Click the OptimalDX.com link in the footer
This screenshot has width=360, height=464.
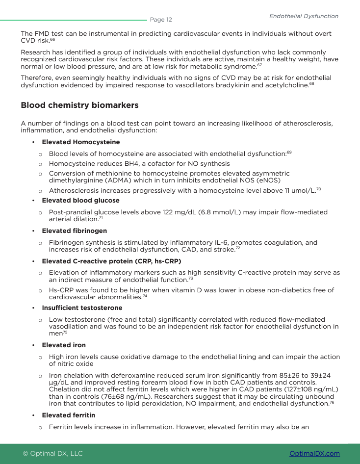pos(314,453)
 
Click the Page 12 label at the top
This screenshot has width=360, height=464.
pos(161,20)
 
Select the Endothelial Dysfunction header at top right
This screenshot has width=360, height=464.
pos(304,16)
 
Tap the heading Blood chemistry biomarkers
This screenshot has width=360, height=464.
pos(79,105)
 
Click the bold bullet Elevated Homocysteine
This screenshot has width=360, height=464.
pos(80,142)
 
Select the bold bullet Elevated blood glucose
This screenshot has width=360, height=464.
pos(80,201)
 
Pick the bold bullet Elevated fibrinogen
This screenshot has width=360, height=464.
pos(74,231)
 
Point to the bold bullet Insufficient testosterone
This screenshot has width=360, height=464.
pos(82,308)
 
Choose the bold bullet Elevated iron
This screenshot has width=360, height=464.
pos(63,345)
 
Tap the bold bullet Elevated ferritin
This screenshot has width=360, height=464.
pos(68,415)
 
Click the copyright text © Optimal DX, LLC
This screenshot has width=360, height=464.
pos(53,453)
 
